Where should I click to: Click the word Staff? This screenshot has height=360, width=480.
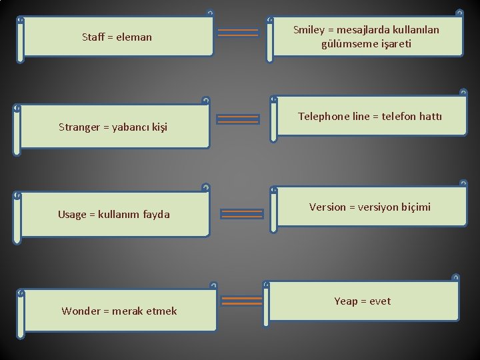(x=94, y=37)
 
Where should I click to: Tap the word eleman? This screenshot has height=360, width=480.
(x=134, y=37)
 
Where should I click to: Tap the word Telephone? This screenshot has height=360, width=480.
(x=323, y=117)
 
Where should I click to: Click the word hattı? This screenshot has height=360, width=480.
(x=428, y=117)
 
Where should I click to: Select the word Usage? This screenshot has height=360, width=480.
(x=72, y=214)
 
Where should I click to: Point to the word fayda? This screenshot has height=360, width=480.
(x=154, y=214)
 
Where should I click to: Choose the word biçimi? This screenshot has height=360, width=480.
(x=415, y=207)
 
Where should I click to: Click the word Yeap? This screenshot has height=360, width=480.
(x=346, y=301)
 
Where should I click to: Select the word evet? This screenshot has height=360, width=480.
(x=380, y=301)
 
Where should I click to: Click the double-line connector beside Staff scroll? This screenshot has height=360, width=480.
(x=238, y=32)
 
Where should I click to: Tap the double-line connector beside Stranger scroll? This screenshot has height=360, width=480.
(x=238, y=119)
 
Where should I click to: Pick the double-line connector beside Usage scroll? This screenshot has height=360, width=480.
(x=241, y=214)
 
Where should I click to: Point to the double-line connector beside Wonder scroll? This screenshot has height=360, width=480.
(x=241, y=301)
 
